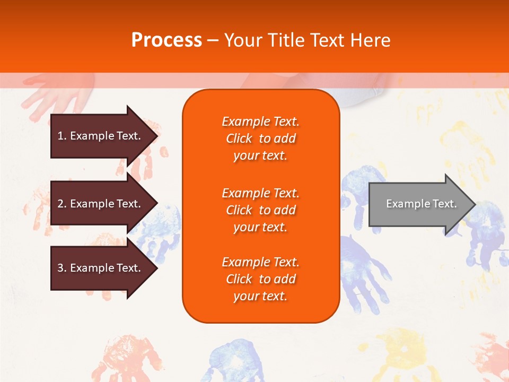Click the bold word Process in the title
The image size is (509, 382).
(x=166, y=40)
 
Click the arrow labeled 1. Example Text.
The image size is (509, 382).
(x=101, y=136)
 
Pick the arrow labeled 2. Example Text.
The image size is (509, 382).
(x=101, y=204)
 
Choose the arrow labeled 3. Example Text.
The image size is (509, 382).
(x=101, y=268)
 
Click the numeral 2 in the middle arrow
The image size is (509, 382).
(x=60, y=204)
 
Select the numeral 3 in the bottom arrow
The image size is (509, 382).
(x=60, y=268)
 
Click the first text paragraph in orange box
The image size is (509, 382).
(x=260, y=138)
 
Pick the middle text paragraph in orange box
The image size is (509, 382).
(x=260, y=210)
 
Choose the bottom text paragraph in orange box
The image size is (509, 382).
(x=260, y=279)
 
